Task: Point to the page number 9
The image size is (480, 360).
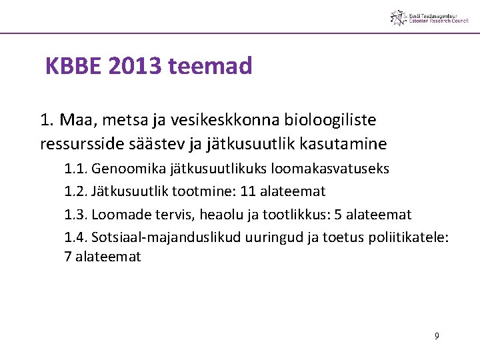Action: (437, 336)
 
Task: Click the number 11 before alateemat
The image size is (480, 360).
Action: (248, 192)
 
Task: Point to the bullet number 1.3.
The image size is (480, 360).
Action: (75, 215)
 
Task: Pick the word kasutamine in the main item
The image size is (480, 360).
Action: (347, 143)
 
